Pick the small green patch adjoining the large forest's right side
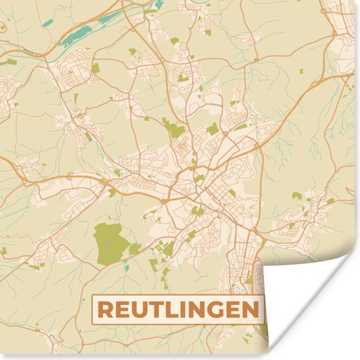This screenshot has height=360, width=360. (x=135, y=249)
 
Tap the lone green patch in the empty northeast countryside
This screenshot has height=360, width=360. (x=297, y=195)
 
